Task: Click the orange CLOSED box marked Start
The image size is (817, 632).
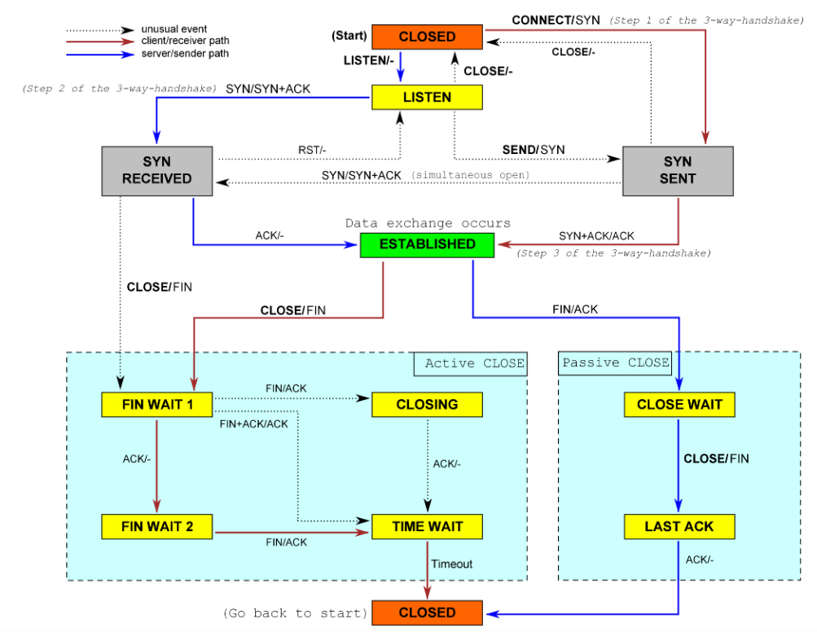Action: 427,37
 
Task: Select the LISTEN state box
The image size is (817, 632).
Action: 427,97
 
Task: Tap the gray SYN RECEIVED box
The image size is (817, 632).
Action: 156,170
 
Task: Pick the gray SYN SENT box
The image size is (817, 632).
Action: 678,170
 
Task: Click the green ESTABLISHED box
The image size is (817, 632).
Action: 427,244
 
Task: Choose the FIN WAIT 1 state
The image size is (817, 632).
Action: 156,404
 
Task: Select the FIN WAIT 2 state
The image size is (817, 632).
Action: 156,526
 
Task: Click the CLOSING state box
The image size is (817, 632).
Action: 427,404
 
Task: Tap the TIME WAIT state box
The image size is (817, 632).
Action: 427,526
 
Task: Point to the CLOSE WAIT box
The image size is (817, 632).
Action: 679,404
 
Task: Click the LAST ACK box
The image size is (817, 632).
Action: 679,526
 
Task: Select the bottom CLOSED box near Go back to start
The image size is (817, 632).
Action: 427,612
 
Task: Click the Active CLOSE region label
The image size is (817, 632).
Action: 474,363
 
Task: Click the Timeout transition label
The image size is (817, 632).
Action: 451,564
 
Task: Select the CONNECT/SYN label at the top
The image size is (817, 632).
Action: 556,20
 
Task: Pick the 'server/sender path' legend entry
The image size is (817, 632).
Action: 184,54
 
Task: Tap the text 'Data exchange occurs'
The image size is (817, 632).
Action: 428,223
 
